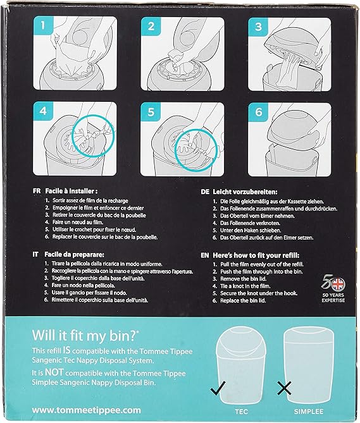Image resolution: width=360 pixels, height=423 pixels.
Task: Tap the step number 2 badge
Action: point(151,27)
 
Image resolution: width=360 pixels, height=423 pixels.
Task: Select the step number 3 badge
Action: point(259,27)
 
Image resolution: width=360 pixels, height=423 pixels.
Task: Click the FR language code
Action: point(37,190)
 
